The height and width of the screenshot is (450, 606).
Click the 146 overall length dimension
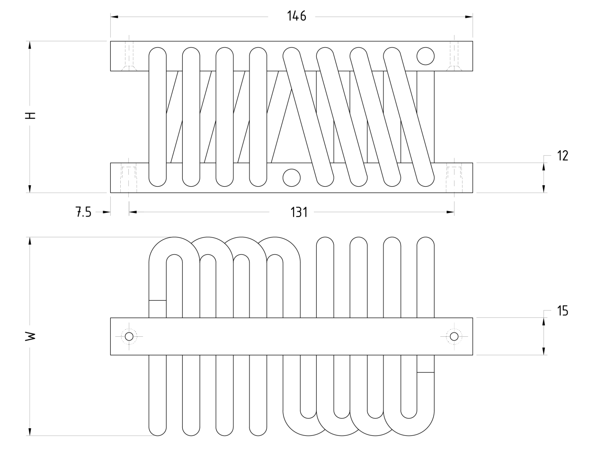point(296,16)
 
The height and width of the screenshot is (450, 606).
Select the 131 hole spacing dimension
point(299,212)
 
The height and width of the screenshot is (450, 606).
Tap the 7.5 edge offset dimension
point(83,212)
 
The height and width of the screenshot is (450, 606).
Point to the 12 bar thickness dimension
point(562,156)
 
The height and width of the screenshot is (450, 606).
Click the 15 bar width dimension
point(562,311)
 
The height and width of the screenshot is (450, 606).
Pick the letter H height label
point(30,116)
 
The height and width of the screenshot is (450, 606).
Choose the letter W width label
point(30,336)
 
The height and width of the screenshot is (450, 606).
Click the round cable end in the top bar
point(426,56)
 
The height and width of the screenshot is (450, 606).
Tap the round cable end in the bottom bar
point(292,178)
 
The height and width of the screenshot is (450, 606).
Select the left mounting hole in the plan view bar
point(129,336)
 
